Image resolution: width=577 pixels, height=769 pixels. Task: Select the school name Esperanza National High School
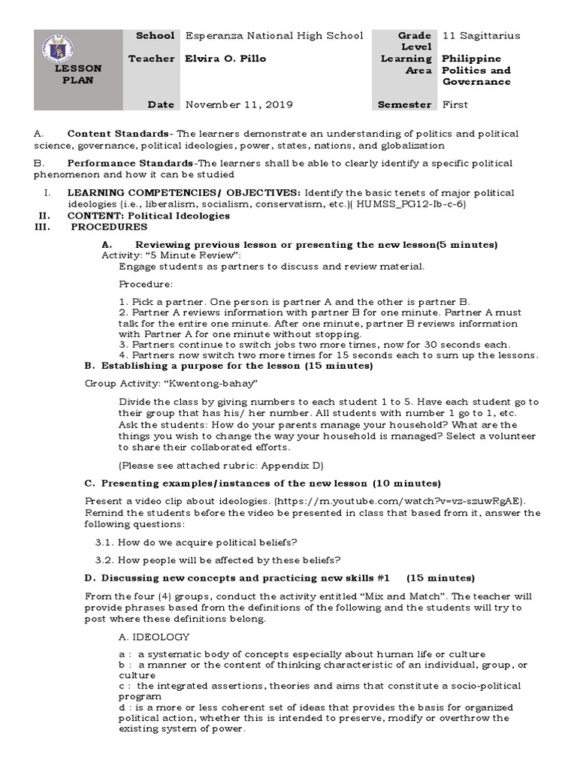click(x=273, y=35)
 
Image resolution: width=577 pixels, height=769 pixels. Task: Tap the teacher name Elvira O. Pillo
click(x=225, y=59)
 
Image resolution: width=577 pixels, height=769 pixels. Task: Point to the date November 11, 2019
click(x=239, y=104)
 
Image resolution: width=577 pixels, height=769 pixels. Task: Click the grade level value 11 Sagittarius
click(x=482, y=35)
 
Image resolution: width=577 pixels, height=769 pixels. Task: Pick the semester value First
click(x=455, y=104)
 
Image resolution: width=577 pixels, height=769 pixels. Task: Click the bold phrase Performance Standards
click(x=130, y=163)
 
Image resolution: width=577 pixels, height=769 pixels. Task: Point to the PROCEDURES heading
click(x=109, y=226)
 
